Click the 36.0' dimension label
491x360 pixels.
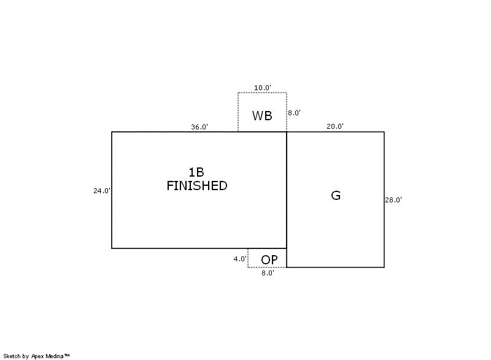tap(199, 127)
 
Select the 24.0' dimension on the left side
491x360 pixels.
tap(102, 191)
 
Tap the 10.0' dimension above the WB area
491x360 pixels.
tap(263, 88)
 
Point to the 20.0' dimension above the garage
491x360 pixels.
tap(335, 126)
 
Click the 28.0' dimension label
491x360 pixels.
tap(393, 200)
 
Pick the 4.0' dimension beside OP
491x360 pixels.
tap(240, 259)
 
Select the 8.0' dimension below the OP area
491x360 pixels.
tap(268, 273)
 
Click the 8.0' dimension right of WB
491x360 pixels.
tap(295, 113)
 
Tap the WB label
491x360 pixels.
tap(262, 116)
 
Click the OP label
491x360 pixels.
tap(269, 260)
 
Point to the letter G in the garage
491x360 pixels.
tap(336, 196)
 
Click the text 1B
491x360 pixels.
tap(196, 172)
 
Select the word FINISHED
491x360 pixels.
tap(197, 186)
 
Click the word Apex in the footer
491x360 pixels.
tap(38, 356)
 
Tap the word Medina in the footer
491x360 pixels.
tap(55, 356)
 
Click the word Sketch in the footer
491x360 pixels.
tap(12, 356)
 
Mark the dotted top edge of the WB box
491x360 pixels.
tap(263, 93)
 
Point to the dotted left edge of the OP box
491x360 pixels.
tap(248, 258)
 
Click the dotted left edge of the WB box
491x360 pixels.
tap(238, 112)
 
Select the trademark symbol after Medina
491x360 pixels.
tap(67, 355)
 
